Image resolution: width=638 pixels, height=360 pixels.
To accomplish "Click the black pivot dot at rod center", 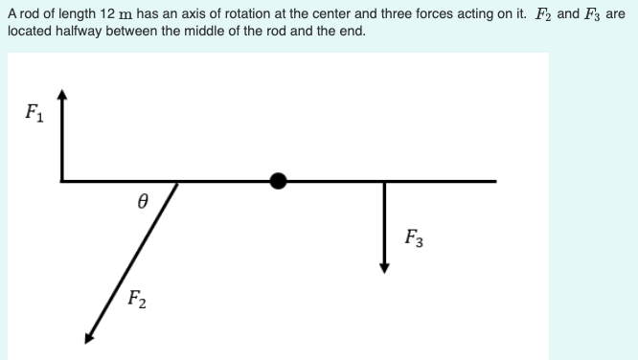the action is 279,180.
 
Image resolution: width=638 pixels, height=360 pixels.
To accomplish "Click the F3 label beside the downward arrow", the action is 414,236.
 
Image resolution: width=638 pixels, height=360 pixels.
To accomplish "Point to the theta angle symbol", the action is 142,202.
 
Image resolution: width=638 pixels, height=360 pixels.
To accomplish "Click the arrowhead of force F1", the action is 62,95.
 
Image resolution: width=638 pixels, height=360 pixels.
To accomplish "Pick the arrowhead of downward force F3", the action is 384,267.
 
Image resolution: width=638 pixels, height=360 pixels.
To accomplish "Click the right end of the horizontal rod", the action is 495,180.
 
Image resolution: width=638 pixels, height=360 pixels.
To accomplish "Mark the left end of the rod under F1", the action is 63,180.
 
